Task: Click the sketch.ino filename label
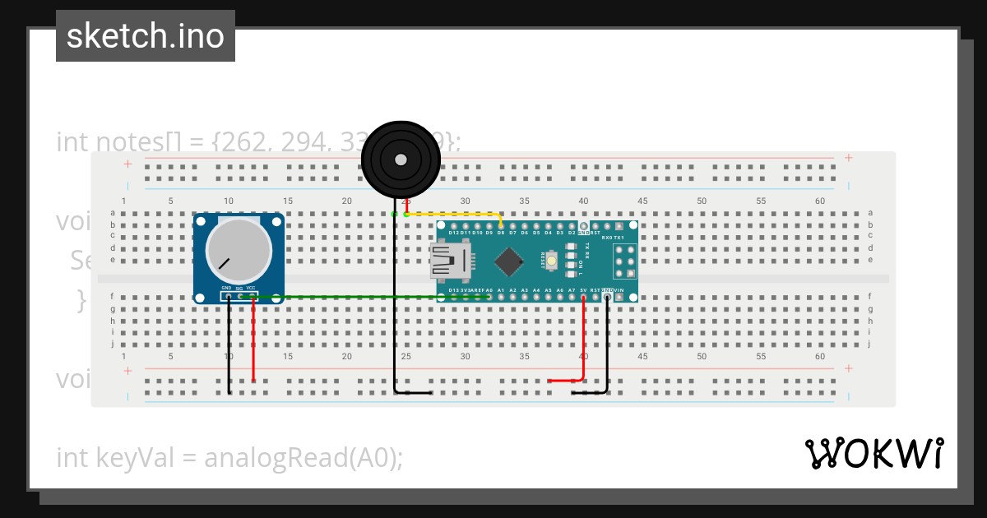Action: pos(145,36)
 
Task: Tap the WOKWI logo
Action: pos(873,453)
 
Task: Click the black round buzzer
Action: pos(401,160)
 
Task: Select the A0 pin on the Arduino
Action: pos(489,297)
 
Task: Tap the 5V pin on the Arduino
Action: pos(583,297)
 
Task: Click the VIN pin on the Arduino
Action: pos(619,297)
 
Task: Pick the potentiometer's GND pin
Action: pos(228,296)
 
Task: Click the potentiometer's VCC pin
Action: pos(253,296)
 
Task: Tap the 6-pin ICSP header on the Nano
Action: pos(625,261)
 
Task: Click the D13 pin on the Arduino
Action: pos(454,297)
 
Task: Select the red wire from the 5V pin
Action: pos(583,345)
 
